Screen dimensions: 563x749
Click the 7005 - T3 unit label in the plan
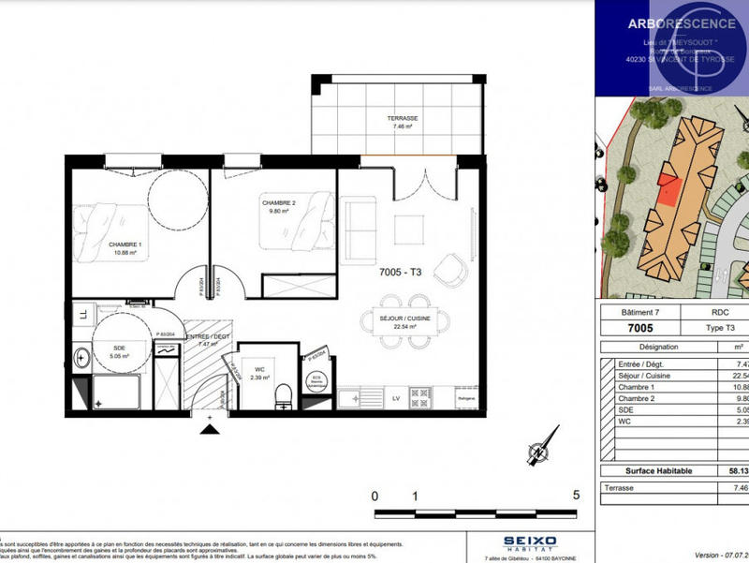pyautogui.click(x=401, y=273)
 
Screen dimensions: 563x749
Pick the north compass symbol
pyautogui.click(x=537, y=452)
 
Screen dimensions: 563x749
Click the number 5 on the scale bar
pyautogui.click(x=576, y=496)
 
